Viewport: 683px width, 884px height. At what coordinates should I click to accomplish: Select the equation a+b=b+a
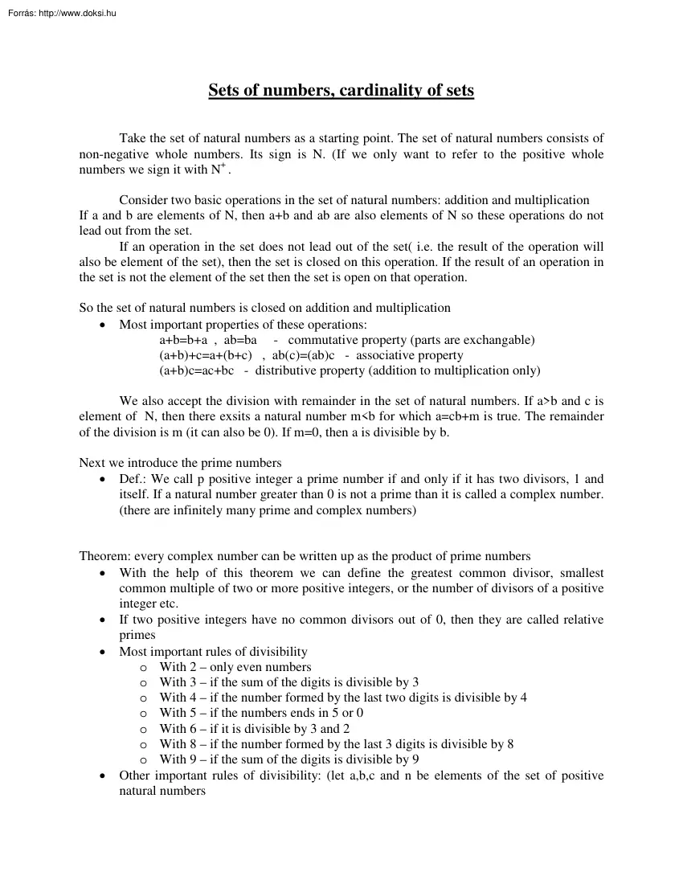[x=183, y=340]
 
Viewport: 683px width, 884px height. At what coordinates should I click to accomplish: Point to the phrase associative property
[x=410, y=355]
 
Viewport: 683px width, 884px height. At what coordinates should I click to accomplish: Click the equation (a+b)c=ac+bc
[x=196, y=370]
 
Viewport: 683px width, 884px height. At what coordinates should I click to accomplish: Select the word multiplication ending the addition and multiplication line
[x=552, y=200]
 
